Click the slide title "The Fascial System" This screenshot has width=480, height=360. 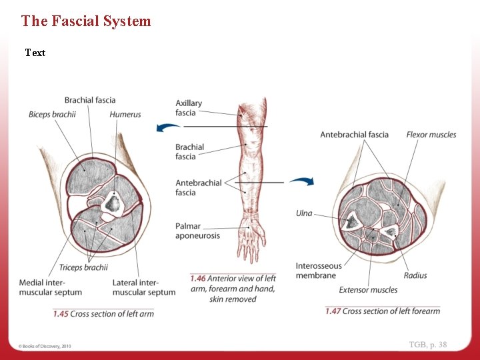click(86, 21)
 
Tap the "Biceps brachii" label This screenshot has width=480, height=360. click(52, 115)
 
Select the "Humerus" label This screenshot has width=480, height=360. click(125, 115)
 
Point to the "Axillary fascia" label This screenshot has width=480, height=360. click(189, 108)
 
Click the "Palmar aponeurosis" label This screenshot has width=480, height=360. click(197, 231)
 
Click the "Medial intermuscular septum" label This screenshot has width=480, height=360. click(51, 287)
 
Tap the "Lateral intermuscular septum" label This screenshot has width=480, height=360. click(144, 287)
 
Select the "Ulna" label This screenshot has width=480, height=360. click(304, 213)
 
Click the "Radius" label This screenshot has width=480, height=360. click(415, 275)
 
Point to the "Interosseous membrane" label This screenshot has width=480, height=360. click(319, 271)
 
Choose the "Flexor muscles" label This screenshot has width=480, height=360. click(431, 135)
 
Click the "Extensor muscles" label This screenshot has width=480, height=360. click(368, 290)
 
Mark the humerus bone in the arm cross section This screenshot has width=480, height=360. click(113, 203)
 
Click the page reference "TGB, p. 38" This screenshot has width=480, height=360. click(428, 345)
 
